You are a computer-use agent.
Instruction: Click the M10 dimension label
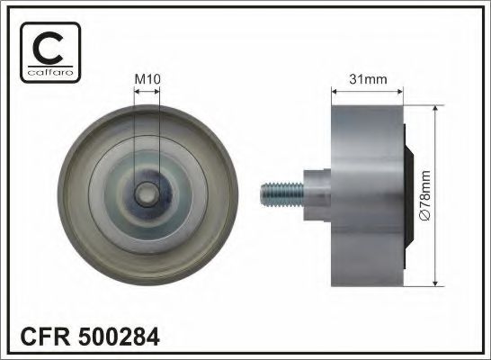pyautogui.click(x=147, y=79)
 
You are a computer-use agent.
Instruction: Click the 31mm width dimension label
pyautogui.click(x=369, y=79)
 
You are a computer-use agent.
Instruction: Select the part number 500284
pyautogui.click(x=120, y=338)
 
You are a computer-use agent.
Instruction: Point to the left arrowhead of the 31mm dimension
pyautogui.click(x=336, y=90)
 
